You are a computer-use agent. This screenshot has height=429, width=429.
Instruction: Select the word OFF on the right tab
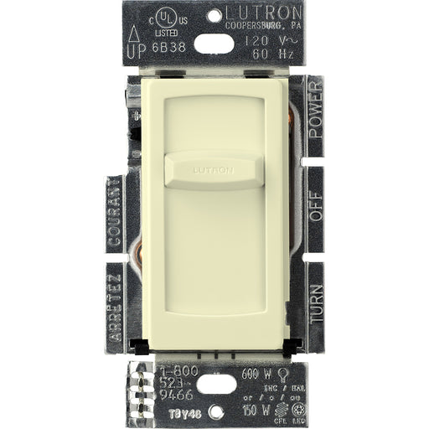click(316, 205)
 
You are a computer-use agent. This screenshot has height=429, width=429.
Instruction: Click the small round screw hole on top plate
click(214, 15)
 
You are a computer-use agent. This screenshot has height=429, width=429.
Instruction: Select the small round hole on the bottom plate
click(216, 411)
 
